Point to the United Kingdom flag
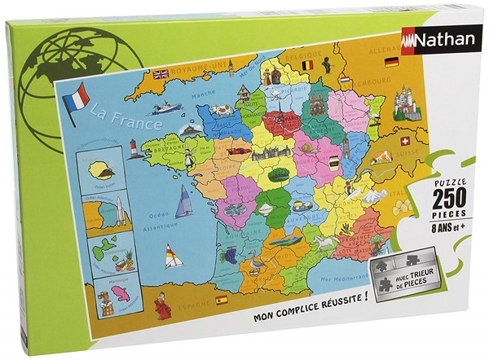[x=160, y=73]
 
